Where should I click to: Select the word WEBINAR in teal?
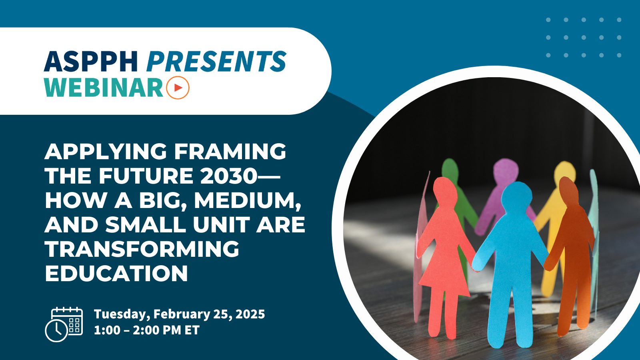(104, 87)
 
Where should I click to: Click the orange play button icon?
(178, 87)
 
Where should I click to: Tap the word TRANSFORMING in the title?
(142, 249)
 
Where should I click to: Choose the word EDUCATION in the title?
(116, 274)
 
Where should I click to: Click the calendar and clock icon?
(64, 324)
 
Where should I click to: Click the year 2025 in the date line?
(250, 314)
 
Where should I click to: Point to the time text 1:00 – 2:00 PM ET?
(146, 330)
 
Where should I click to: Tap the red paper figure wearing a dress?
(444, 248)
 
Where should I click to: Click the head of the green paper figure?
(450, 170)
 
